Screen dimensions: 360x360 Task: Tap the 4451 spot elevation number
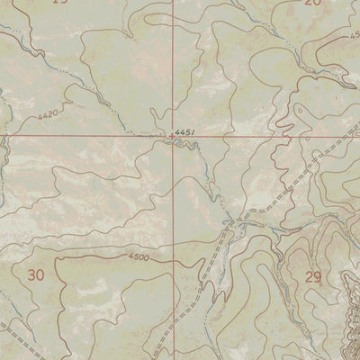[185, 132]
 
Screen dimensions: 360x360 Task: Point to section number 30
[36, 274]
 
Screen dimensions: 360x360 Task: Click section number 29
[313, 276]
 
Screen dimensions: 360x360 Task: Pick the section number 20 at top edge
[311, 3]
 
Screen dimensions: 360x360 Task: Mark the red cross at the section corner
[175, 137]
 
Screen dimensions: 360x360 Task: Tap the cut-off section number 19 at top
[59, 3]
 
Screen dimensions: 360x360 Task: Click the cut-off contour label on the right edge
[354, 36]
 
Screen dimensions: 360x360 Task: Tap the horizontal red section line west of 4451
[90, 136]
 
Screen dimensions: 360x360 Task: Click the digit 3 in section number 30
[31, 274]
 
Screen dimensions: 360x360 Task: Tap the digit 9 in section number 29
[318, 276]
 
